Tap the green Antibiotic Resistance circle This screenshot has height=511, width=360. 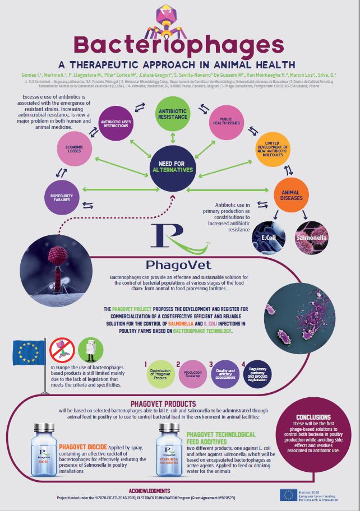click(172, 108)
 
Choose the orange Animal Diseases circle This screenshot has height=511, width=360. click(290, 193)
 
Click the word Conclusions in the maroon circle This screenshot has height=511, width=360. click(316, 417)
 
